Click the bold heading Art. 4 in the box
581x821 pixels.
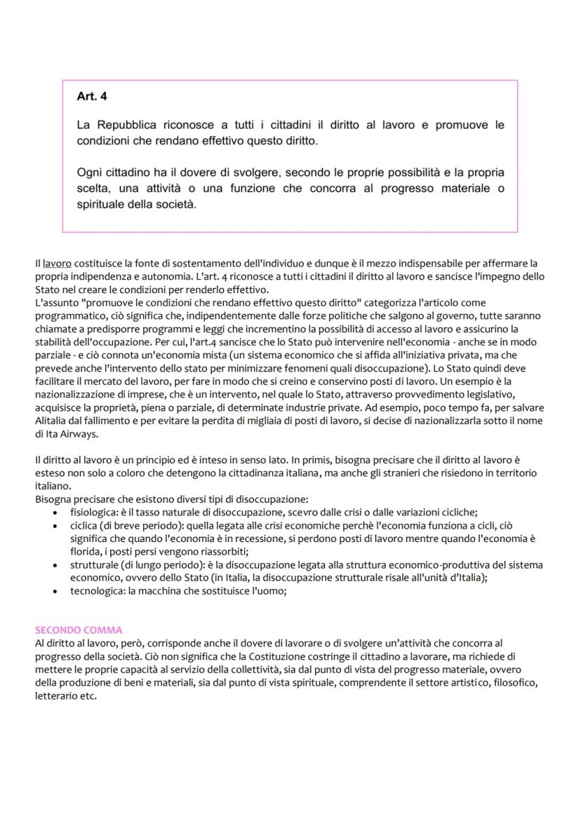(92, 96)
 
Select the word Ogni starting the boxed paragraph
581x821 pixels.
(90, 172)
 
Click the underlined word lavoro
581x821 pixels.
(57, 264)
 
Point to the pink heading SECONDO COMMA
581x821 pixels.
(78, 630)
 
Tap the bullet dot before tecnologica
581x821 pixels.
(56, 591)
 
